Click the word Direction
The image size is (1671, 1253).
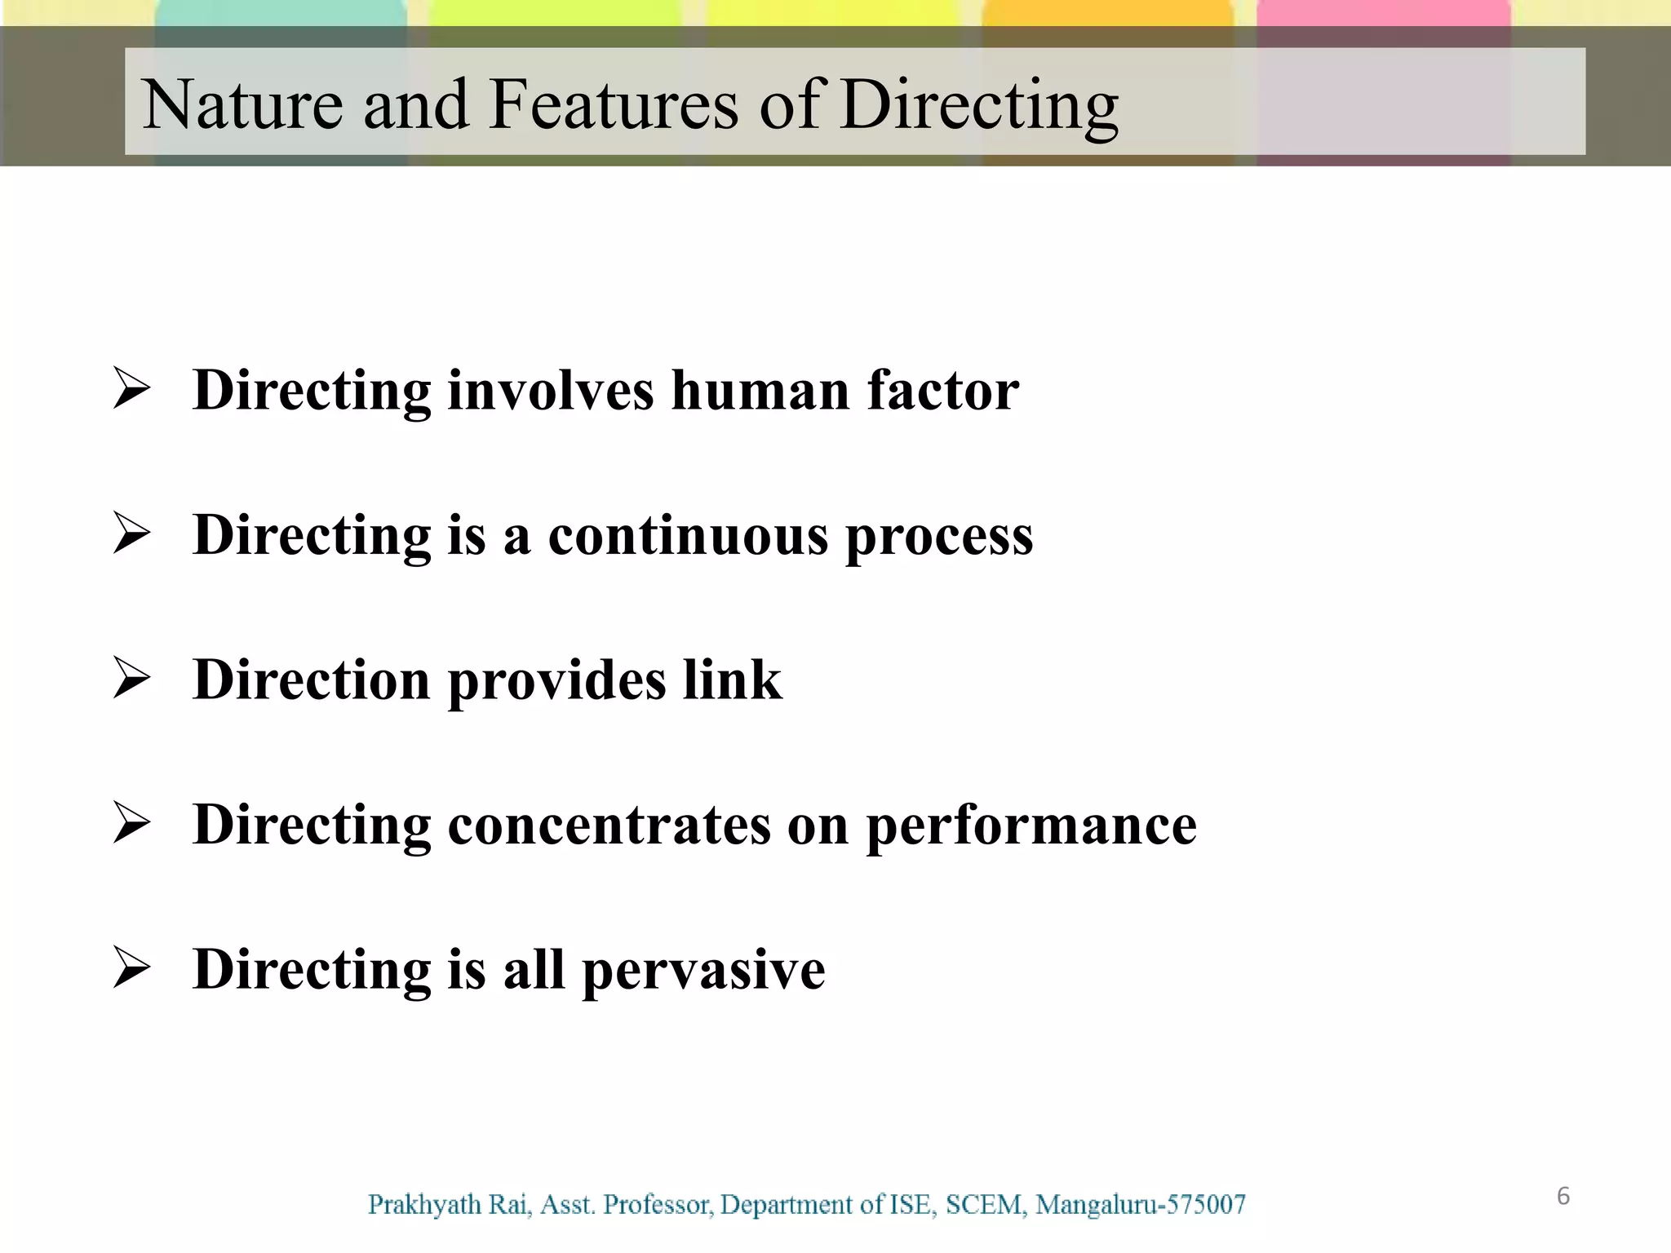click(312, 680)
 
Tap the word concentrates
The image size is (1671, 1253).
click(609, 825)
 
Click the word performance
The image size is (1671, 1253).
click(1031, 826)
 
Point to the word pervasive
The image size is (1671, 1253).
click(703, 971)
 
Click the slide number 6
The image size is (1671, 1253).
click(1563, 1196)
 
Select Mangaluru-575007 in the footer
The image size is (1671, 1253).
click(1141, 1205)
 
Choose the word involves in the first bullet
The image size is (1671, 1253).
click(551, 390)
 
